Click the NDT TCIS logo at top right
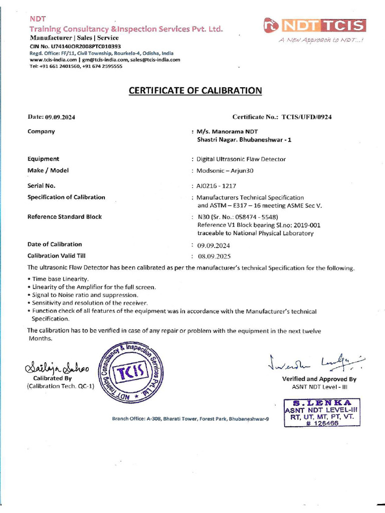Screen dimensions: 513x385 (315, 26)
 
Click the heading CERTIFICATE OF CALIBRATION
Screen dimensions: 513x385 (196, 91)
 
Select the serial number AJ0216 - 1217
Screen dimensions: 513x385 (217, 185)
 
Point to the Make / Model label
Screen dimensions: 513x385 (48, 170)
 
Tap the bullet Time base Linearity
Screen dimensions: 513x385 (59, 279)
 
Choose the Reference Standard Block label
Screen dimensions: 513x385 (65, 216)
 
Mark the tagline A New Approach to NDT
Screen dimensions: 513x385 (321, 40)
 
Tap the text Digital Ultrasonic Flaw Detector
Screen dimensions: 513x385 (241, 159)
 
